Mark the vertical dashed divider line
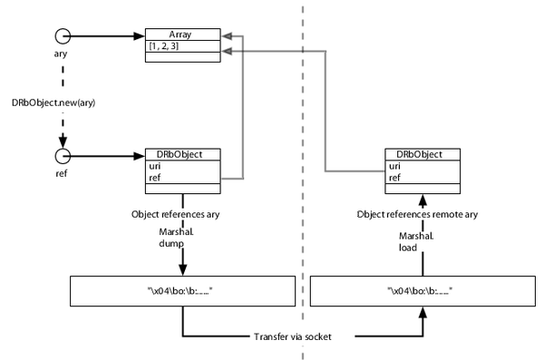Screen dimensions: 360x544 (302, 181)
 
